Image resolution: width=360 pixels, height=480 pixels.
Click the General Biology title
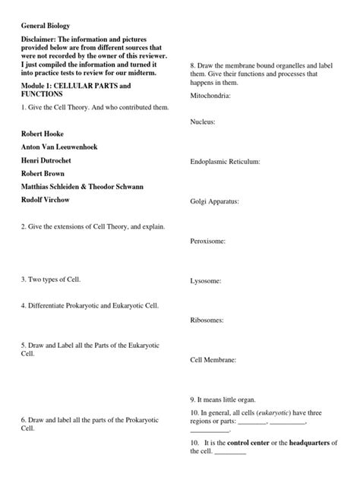[48, 26]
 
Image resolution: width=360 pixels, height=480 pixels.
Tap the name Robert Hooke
[48, 133]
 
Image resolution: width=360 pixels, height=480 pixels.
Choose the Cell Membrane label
[213, 359]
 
